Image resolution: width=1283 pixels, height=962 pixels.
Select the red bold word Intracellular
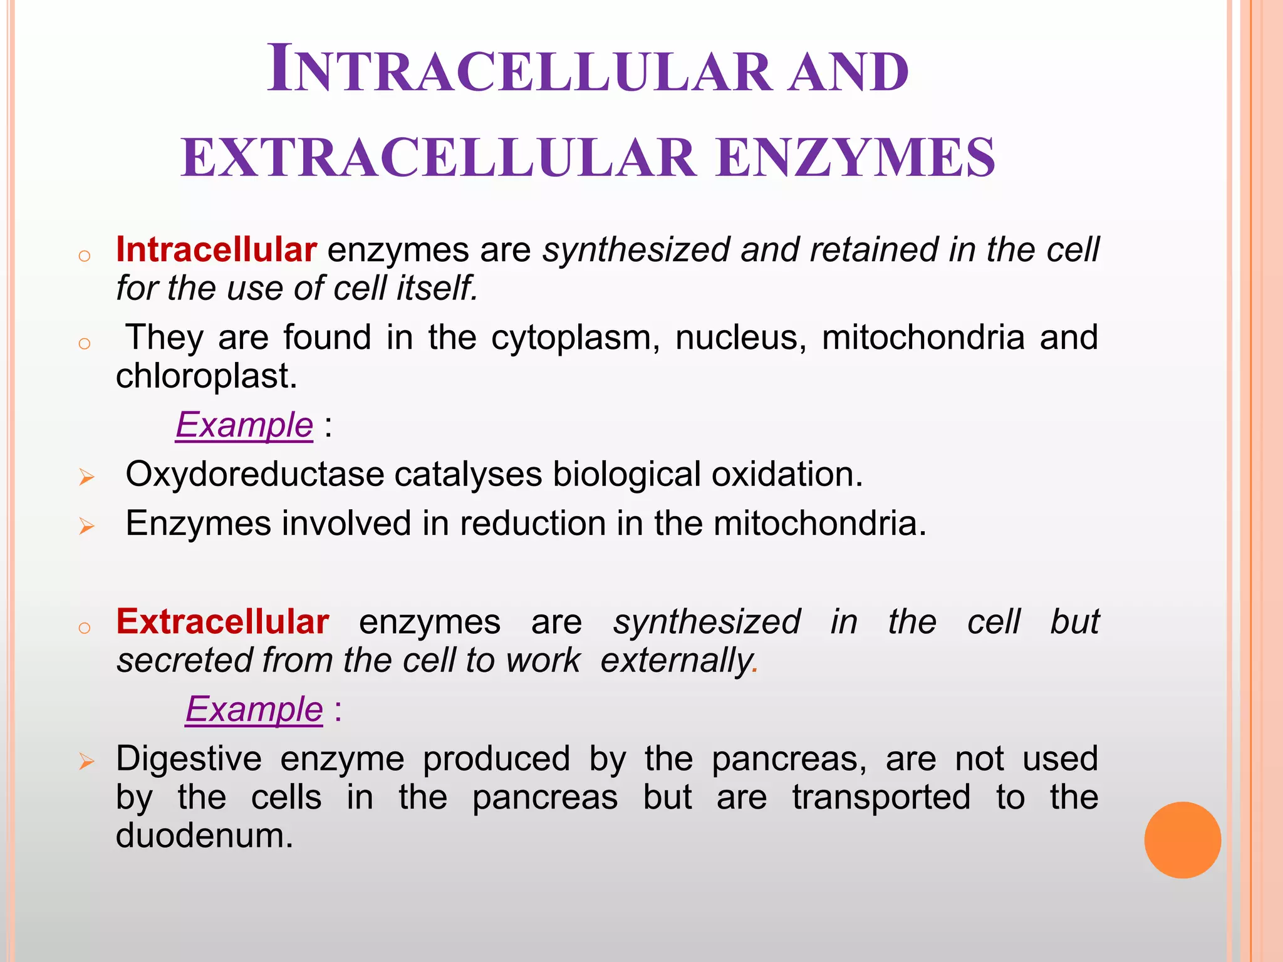tap(216, 249)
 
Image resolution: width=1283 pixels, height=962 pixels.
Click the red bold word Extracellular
tap(222, 621)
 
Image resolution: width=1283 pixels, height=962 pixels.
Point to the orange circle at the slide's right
tap(1182, 839)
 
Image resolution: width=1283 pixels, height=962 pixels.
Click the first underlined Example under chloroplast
tap(244, 425)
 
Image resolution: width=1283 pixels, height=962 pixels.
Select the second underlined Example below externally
tap(254, 709)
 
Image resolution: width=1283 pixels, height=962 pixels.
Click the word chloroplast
tap(205, 376)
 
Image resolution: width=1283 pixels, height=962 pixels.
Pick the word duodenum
tap(204, 835)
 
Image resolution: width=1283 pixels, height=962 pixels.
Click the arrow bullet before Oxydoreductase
tap(86, 478)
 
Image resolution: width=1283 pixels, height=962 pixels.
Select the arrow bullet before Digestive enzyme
tap(86, 762)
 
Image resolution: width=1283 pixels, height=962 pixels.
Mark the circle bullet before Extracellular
tap(85, 628)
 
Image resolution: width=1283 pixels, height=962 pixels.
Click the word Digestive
tap(189, 759)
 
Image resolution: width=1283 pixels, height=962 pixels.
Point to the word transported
tap(881, 798)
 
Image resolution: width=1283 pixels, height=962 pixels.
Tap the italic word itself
tap(437, 289)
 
